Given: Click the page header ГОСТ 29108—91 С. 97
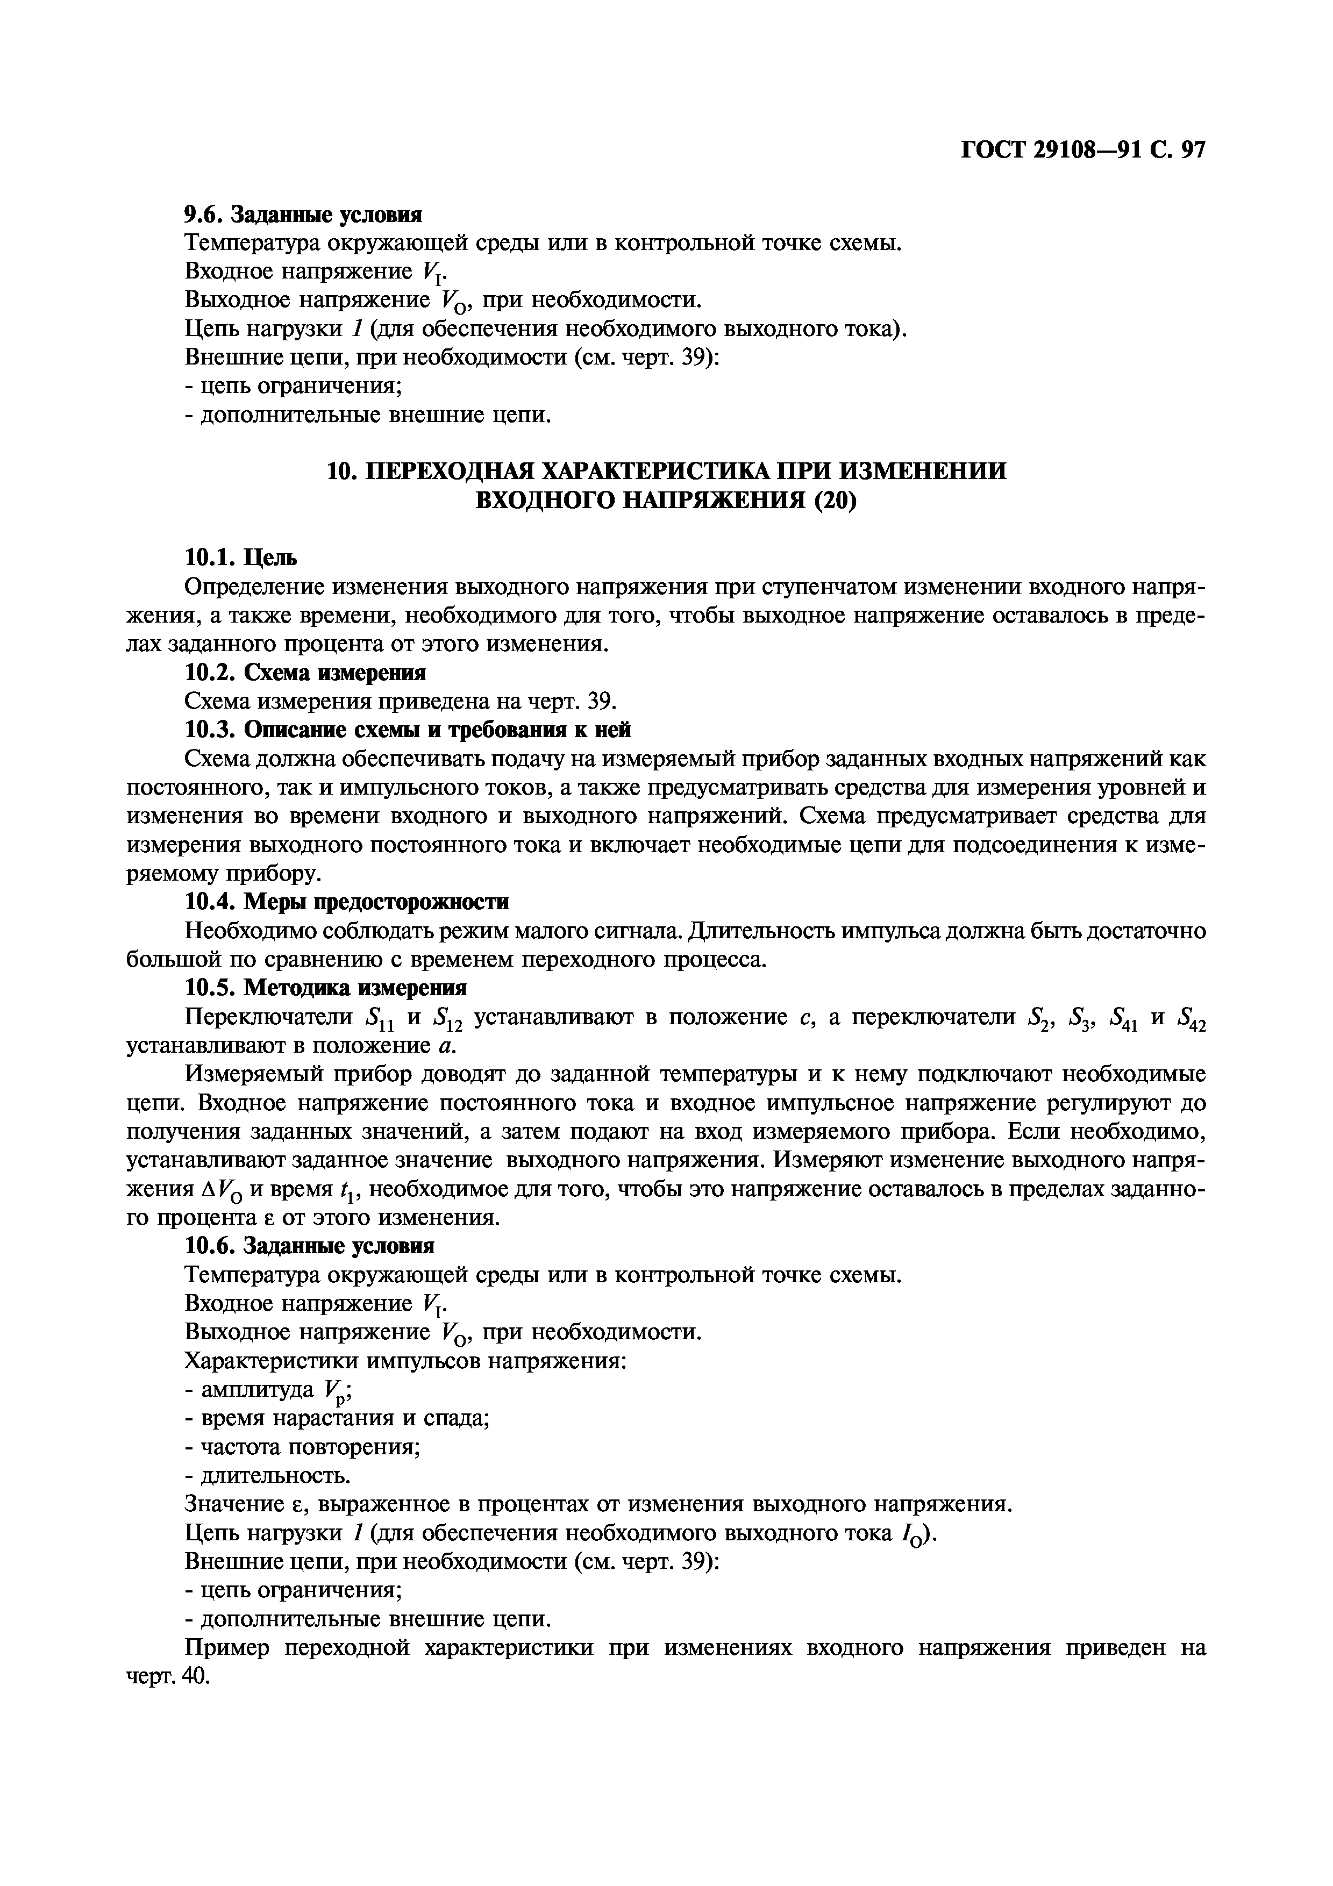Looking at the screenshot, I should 1082,149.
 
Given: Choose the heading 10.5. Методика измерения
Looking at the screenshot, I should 326,988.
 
